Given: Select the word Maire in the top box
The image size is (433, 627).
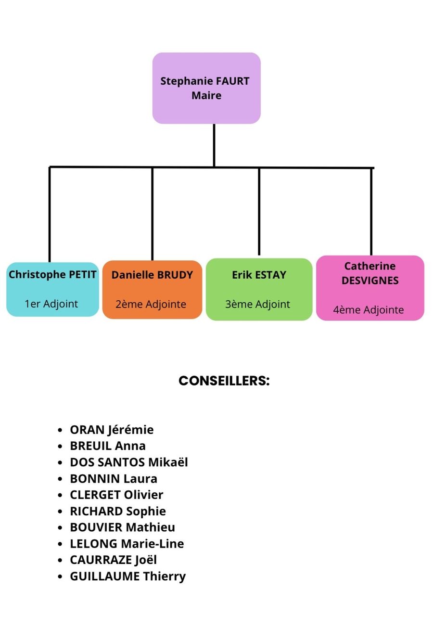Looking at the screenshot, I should (x=206, y=95).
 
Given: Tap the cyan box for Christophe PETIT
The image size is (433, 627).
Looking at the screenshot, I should (x=52, y=289).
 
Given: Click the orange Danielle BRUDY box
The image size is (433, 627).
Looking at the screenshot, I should (x=152, y=289).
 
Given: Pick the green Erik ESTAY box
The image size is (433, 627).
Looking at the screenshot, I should (x=259, y=289).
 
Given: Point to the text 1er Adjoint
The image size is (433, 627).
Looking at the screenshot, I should (x=51, y=304).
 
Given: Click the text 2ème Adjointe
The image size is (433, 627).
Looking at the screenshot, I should (x=151, y=304).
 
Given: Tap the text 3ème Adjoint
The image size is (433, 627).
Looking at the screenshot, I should (x=258, y=304).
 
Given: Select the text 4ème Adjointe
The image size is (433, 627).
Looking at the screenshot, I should (x=369, y=310).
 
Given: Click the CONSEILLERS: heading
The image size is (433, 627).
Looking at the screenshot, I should (x=224, y=381).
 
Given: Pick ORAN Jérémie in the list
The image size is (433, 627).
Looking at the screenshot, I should (x=112, y=429).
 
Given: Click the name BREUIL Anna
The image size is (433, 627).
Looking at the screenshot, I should (x=108, y=446).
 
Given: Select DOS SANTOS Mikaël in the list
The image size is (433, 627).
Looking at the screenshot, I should (x=129, y=462).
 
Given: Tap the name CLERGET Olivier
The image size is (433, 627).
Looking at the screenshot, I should (x=116, y=495).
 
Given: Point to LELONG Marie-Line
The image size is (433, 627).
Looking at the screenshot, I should (x=127, y=543).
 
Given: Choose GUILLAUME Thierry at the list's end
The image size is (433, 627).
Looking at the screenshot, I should (x=128, y=576).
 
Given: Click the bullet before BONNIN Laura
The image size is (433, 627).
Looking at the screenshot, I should (x=60, y=479).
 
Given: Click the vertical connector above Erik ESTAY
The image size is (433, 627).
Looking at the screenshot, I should (x=259, y=212).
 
